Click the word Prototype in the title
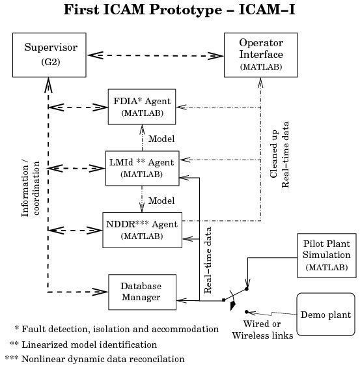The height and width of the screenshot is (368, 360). click(186, 10)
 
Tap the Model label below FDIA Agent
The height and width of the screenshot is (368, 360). click(161, 139)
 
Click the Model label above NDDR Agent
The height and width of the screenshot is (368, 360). click(161, 201)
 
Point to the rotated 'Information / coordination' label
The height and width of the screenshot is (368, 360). click(31, 188)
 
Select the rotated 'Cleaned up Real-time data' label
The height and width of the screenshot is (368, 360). click(279, 154)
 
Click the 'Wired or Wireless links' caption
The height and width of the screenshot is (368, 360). click(262, 330)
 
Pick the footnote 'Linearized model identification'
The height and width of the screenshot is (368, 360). click(89, 345)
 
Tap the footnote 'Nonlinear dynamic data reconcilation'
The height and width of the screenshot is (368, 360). click(103, 359)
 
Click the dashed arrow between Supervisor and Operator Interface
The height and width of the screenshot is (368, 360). click(155, 55)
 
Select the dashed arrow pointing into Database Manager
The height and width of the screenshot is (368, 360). click(77, 292)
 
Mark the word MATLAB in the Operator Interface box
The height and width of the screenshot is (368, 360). click(261, 67)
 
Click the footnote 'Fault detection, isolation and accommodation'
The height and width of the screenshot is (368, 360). click(120, 329)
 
